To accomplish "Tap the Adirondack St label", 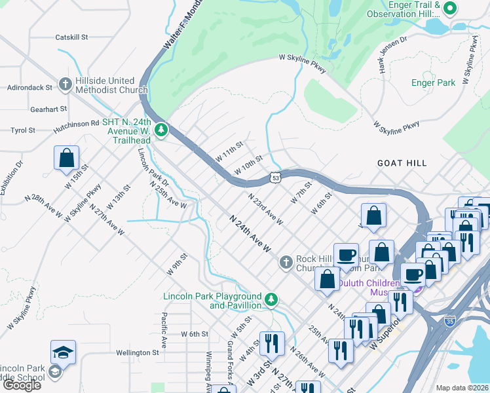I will click(30, 87).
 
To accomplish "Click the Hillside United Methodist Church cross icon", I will click(65, 84).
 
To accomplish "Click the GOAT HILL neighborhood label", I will click(402, 163).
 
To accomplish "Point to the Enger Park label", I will click(433, 83).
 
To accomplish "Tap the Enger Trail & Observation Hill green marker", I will click(449, 9).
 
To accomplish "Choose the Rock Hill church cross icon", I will click(286, 263).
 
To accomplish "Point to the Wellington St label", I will click(137, 352).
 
